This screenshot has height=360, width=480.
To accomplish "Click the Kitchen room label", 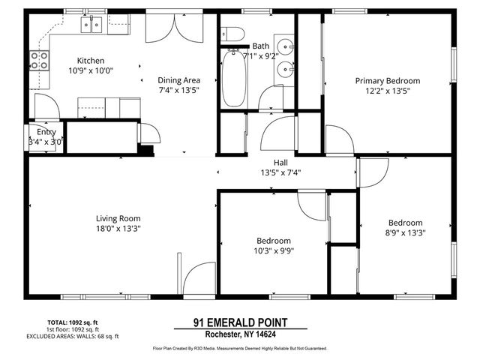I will tap(91, 61).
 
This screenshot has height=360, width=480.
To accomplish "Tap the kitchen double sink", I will tap(91, 25).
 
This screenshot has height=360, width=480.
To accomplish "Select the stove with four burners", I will tap(39, 60).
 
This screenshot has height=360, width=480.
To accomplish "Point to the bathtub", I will tap(232, 79).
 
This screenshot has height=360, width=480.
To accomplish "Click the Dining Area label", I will tap(178, 80).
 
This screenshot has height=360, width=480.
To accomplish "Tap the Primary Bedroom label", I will tap(387, 81).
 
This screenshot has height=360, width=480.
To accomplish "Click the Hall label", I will tap(280, 162).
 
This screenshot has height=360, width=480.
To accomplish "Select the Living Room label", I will tap(118, 218).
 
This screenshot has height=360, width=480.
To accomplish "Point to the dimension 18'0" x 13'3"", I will tap(118, 228).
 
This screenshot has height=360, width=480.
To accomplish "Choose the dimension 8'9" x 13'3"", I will tap(405, 232).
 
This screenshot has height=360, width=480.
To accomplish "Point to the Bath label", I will tap(261, 46).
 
